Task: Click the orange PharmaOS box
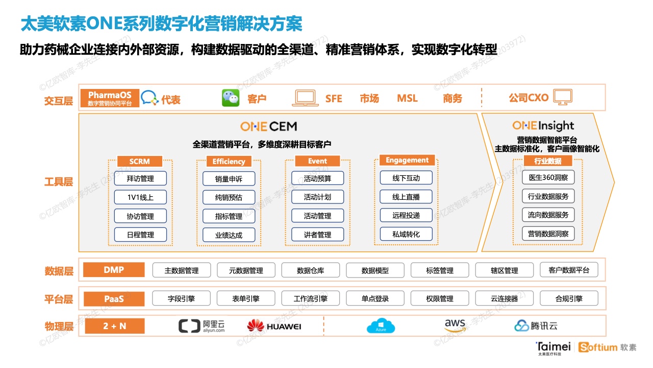point(110,98)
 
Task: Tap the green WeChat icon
point(231,98)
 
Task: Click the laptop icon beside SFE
point(305,98)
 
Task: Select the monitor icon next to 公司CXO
point(563,97)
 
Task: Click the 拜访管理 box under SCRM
point(140,178)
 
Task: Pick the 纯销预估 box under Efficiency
point(229,197)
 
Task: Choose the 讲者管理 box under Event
point(317,235)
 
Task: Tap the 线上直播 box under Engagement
point(406,197)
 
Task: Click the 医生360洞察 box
point(548,177)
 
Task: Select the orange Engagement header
point(407,160)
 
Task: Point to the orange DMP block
point(114,269)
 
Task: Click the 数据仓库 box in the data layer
point(311,270)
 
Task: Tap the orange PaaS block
point(114,299)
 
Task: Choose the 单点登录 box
point(375,298)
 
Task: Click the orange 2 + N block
point(115,326)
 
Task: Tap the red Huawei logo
point(256,326)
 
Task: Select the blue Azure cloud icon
point(381,326)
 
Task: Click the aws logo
point(455,325)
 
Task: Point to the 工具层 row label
point(59,182)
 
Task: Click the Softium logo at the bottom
point(607,347)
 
